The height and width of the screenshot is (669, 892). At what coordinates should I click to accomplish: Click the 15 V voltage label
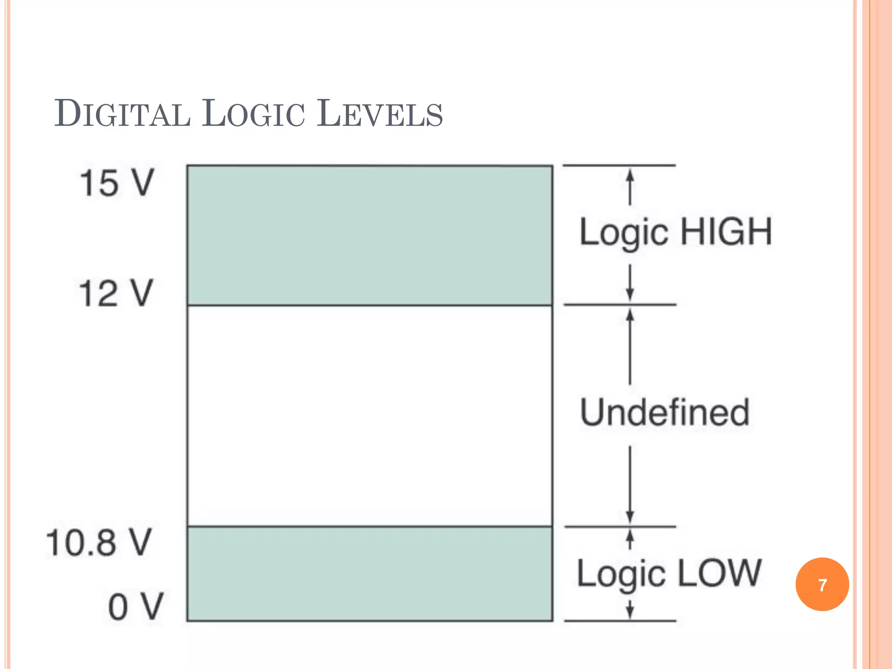[x=117, y=183]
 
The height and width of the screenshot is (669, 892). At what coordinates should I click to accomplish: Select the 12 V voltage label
[x=116, y=294]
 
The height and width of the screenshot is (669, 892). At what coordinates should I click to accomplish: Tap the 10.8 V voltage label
[x=99, y=543]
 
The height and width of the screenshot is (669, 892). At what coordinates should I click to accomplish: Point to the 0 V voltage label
[x=135, y=607]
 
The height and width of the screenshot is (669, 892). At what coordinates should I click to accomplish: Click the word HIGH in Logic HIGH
[x=726, y=232]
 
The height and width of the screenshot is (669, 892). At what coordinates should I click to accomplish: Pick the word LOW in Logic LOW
[x=719, y=573]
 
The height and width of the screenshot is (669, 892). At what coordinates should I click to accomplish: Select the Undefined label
[x=665, y=412]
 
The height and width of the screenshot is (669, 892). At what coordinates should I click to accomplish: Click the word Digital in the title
[x=122, y=114]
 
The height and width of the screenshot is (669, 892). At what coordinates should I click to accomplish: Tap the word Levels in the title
[x=379, y=114]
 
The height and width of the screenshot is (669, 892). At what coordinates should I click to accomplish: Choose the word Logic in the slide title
[x=253, y=114]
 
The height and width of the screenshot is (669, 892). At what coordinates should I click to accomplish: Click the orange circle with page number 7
[x=822, y=585]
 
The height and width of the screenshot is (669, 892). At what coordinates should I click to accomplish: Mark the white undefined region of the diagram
[x=370, y=416]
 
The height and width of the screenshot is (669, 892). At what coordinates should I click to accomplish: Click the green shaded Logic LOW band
[x=370, y=574]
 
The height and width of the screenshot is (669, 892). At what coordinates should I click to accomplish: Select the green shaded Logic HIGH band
[x=370, y=235]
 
